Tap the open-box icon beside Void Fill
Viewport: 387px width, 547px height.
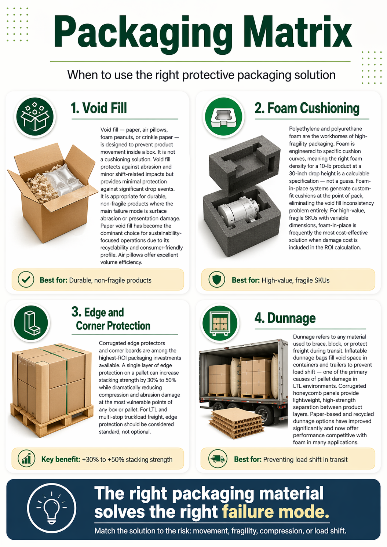tap(35, 116)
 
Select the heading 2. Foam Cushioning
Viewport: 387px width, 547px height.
tap(307, 108)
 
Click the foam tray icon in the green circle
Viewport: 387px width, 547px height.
tap(223, 116)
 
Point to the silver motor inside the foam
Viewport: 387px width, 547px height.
tap(238, 209)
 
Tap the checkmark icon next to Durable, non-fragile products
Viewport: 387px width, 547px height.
tap(26, 280)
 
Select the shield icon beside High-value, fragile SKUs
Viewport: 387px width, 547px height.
tap(216, 280)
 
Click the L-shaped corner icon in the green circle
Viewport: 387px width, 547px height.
tap(31, 322)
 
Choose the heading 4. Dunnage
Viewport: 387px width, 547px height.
tap(285, 318)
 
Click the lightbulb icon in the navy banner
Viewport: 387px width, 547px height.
tap(51, 508)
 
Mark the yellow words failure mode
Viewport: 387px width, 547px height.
tap(275, 512)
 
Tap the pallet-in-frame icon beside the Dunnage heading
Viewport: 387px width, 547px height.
tap(220, 323)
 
